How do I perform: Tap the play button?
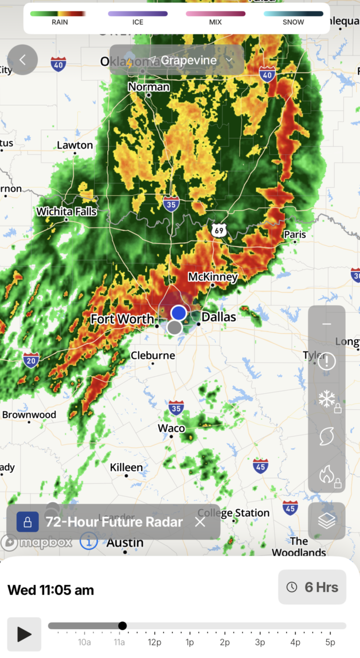point(24,634)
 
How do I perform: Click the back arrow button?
point(22,60)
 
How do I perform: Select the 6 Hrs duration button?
point(312,587)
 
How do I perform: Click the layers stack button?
point(326,521)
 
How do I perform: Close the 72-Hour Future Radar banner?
point(200,522)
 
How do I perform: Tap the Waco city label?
point(171,428)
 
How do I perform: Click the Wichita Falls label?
point(66,212)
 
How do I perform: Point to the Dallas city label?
point(219,316)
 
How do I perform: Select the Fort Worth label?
point(122,319)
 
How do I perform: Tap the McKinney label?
point(213,277)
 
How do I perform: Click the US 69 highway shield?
point(218,230)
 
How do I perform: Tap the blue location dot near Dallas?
point(179,313)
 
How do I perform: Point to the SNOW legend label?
point(293,22)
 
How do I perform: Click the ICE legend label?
point(138,22)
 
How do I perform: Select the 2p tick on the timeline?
point(225,642)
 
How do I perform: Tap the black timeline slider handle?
point(122,626)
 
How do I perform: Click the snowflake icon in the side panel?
point(326,398)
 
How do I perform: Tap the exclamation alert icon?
point(326,361)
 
